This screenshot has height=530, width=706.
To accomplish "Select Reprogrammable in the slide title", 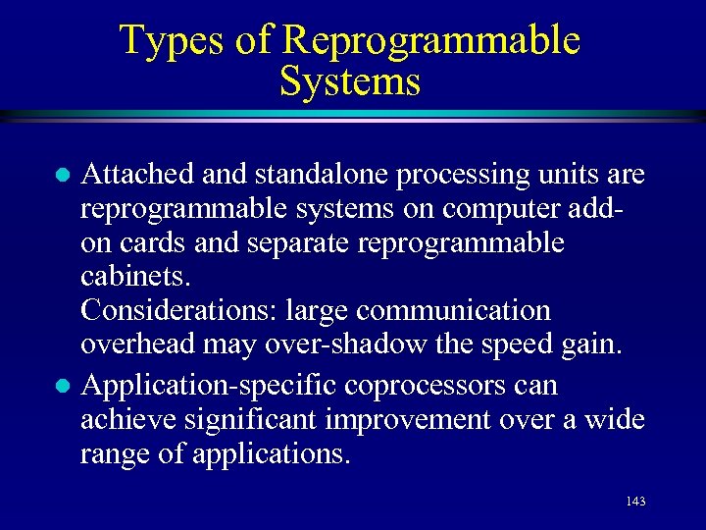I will [430, 41].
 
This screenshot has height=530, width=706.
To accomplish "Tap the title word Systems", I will [350, 81].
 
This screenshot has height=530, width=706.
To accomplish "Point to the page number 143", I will [634, 502].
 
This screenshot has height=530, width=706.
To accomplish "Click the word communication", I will [453, 311].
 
